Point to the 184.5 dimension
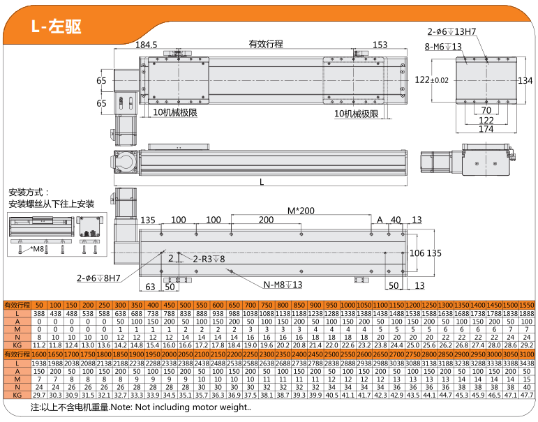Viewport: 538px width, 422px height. pos(146,45)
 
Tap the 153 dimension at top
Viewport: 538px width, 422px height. pos(380,45)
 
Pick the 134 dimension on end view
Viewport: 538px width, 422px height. pos(525,80)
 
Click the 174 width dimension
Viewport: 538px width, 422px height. pos(486,129)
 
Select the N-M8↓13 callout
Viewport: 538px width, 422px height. pos(283,285)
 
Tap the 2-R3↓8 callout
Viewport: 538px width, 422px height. pos(209,259)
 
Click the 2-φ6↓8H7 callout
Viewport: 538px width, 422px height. pos(98,278)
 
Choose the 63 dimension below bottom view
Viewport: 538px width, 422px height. pos(149,286)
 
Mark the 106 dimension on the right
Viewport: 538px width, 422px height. pos(417,253)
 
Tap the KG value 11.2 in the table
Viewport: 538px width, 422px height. pos(39,345)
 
